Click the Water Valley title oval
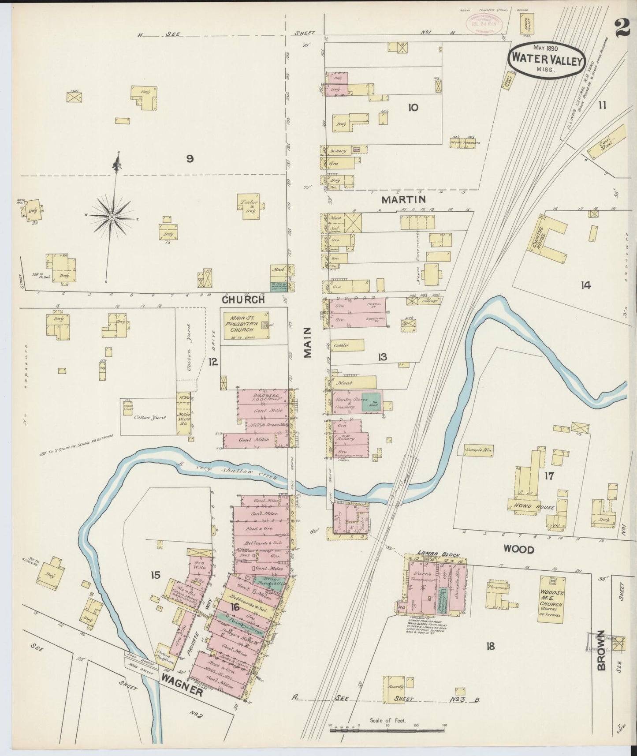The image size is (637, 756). coord(547,61)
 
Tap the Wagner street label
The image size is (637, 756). coord(182,690)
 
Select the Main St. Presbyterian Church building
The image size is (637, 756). coord(247,325)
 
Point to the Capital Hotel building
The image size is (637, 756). coord(544,239)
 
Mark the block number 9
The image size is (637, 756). coord(190,159)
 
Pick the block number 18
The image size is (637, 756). coord(490,647)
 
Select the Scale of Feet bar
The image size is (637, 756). coord(389,730)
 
